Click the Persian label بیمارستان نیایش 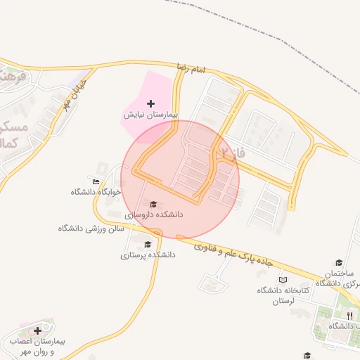(151, 114)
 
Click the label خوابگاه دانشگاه (96, 191)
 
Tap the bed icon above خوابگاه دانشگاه (96, 181)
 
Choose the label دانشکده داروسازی (154, 214)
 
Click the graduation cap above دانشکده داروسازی (154, 204)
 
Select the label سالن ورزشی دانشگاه (91, 229)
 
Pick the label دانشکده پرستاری (147, 255)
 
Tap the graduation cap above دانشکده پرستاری (147, 245)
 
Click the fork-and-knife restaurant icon (349, 316)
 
